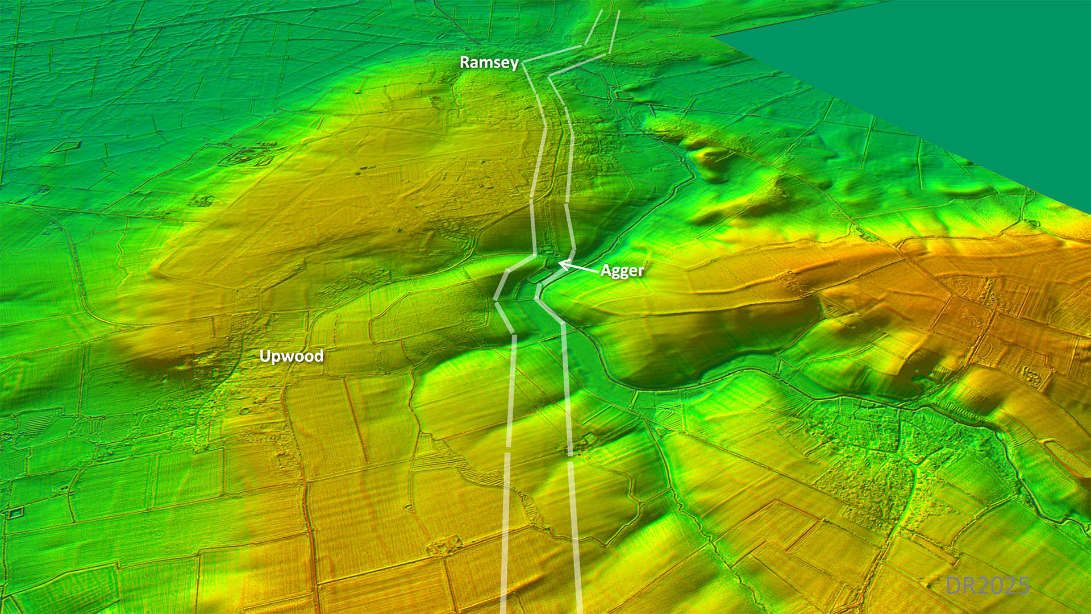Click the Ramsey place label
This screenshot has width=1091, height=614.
click(489, 62)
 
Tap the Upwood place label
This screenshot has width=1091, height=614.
click(291, 356)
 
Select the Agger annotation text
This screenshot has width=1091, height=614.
click(622, 271)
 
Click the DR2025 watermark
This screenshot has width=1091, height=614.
click(988, 586)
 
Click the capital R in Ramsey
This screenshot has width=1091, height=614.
click(464, 62)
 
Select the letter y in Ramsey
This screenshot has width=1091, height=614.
click(514, 64)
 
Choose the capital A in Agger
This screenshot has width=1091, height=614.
click(606, 271)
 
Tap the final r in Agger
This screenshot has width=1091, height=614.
click(641, 272)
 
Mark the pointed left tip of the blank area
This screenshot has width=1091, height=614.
click(714, 36)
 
